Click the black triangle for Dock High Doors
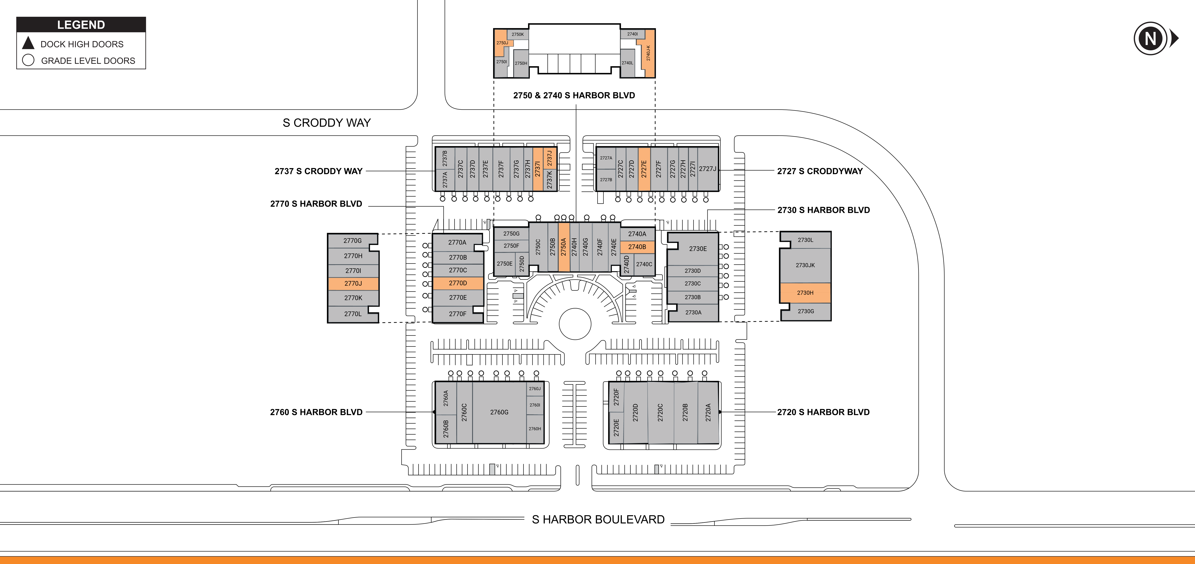pyautogui.click(x=28, y=43)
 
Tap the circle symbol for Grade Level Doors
pyautogui.click(x=28, y=60)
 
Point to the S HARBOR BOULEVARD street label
pyautogui.click(x=598, y=519)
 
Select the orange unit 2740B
pyautogui.click(x=637, y=247)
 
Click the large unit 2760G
pyautogui.click(x=499, y=412)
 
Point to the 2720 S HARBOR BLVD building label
pyautogui.click(x=823, y=412)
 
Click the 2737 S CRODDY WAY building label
pyautogui.click(x=318, y=171)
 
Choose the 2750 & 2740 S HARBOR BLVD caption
pyautogui.click(x=574, y=95)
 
